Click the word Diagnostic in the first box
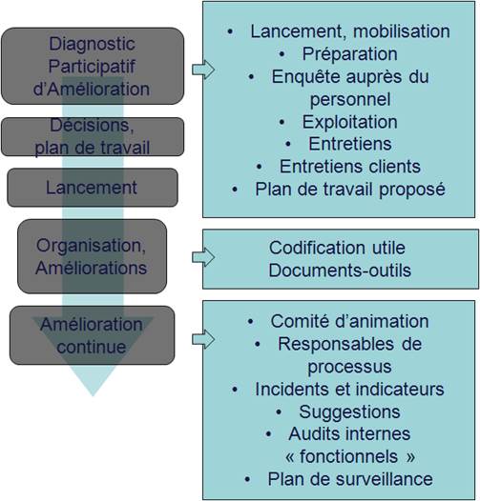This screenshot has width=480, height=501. [x=92, y=44]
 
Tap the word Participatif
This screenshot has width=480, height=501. [x=92, y=67]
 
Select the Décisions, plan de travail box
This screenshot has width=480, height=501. [x=93, y=137]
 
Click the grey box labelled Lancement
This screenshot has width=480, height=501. [x=93, y=188]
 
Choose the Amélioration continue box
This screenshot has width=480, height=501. [x=93, y=335]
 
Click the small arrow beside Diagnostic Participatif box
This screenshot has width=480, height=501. [x=203, y=70]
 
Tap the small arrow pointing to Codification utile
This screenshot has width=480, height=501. [x=203, y=257]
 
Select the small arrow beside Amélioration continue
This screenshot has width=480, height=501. [x=203, y=339]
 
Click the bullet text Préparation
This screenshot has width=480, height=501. [x=350, y=53]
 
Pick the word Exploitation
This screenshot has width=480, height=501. [x=350, y=122]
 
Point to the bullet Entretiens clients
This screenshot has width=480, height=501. [x=350, y=167]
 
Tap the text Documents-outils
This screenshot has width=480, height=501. [x=340, y=271]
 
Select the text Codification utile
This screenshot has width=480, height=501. [x=337, y=248]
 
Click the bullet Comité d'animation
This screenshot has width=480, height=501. [x=349, y=321]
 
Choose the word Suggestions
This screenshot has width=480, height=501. [x=349, y=411]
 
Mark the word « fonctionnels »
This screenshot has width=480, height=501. [x=350, y=456]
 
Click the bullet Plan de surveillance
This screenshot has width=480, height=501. [x=350, y=479]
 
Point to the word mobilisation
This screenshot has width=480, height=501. [x=402, y=31]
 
